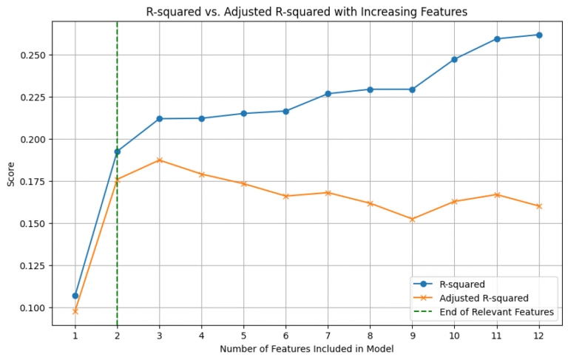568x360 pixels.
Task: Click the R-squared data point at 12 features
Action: (x=539, y=35)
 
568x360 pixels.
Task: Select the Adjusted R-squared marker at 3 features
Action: (x=159, y=160)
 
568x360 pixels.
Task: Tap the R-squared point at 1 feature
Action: (x=75, y=296)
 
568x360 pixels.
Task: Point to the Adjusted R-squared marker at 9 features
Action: (x=412, y=219)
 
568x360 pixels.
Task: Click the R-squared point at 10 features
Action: (x=454, y=59)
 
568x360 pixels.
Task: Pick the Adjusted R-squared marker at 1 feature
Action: (x=75, y=311)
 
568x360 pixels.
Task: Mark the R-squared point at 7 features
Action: (x=328, y=94)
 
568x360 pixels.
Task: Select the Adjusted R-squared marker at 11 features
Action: (x=497, y=194)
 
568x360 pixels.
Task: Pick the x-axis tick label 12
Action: (x=539, y=336)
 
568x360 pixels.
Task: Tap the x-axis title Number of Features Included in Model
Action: (x=307, y=349)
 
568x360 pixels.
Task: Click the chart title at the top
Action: (x=307, y=11)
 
